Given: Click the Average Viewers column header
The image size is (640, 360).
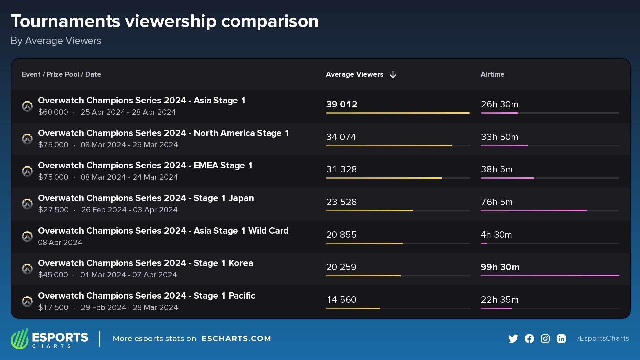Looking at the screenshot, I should [x=354, y=74].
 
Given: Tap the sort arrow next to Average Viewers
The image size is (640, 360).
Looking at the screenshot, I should [x=393, y=75].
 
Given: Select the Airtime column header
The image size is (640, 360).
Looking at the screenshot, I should [x=492, y=74].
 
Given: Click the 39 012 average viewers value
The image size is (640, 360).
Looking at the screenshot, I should [x=341, y=104].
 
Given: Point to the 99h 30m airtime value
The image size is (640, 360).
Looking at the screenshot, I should [x=500, y=267].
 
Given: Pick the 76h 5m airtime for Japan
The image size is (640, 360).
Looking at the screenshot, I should [x=496, y=202].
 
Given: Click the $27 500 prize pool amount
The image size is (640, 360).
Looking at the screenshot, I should [x=53, y=210].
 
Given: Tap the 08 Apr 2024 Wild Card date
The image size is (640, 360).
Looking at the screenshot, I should [x=60, y=243].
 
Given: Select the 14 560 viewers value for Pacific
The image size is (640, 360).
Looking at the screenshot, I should [x=341, y=300].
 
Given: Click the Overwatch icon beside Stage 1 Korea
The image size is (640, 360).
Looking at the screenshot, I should [x=27, y=269].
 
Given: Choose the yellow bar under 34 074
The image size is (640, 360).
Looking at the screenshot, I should [x=389, y=146].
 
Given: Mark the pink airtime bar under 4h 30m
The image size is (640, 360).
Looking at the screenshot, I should [x=484, y=243].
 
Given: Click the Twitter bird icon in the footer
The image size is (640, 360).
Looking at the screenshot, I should [x=513, y=339].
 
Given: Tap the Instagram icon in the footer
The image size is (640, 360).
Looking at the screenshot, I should [x=545, y=339].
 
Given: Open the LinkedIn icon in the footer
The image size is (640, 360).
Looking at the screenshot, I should [x=561, y=339].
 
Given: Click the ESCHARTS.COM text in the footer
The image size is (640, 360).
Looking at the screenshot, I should [x=236, y=339].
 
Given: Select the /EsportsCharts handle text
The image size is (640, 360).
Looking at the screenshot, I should [x=603, y=338].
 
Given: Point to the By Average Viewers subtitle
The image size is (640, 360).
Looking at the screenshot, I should [x=56, y=41].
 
